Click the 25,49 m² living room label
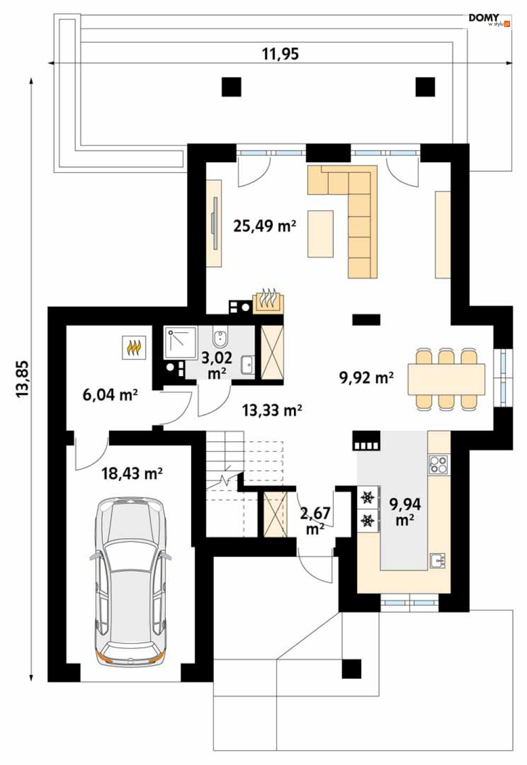tap(264, 226)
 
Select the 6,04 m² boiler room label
tap(110, 395)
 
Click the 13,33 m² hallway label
tap(272, 410)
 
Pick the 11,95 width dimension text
tap(280, 54)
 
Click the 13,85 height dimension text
tap(23, 379)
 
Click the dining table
tap(446, 379)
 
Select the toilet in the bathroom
tap(219, 336)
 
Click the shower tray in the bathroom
tap(181, 343)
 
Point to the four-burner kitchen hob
tap(438, 465)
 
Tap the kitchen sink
tap(437, 561)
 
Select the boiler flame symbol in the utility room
tap(134, 348)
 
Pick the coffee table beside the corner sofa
tap(320, 234)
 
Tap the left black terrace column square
tap(231, 87)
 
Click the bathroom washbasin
tap(247, 364)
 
